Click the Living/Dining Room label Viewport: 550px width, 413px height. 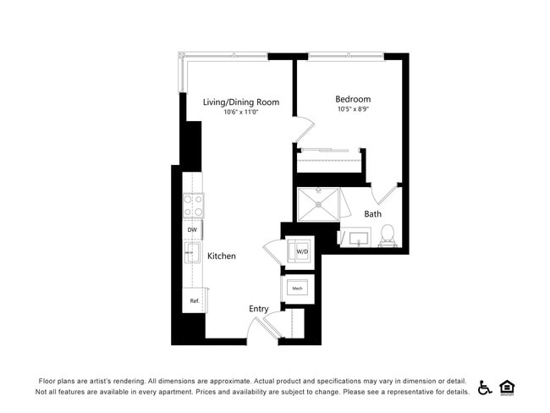[240, 102]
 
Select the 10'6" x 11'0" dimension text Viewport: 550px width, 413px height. [240, 112]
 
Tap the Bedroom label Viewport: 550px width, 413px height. [352, 99]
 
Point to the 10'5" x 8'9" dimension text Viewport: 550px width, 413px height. [352, 109]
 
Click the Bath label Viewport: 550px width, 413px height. [372, 214]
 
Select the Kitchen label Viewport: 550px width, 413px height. [222, 256]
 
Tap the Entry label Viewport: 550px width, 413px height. [259, 309]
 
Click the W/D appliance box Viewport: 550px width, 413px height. [300, 251]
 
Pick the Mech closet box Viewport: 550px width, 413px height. [298, 289]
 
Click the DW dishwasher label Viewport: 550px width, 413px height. [192, 229]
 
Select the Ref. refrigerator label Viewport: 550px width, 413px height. [194, 300]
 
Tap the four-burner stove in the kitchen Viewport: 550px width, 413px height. [194, 206]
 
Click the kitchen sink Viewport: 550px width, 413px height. [191, 252]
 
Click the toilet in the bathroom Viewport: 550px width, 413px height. [388, 234]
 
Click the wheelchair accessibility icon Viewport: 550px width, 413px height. [485, 387]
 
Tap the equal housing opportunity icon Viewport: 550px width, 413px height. [508, 387]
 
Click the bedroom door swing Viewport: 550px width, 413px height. [303, 129]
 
